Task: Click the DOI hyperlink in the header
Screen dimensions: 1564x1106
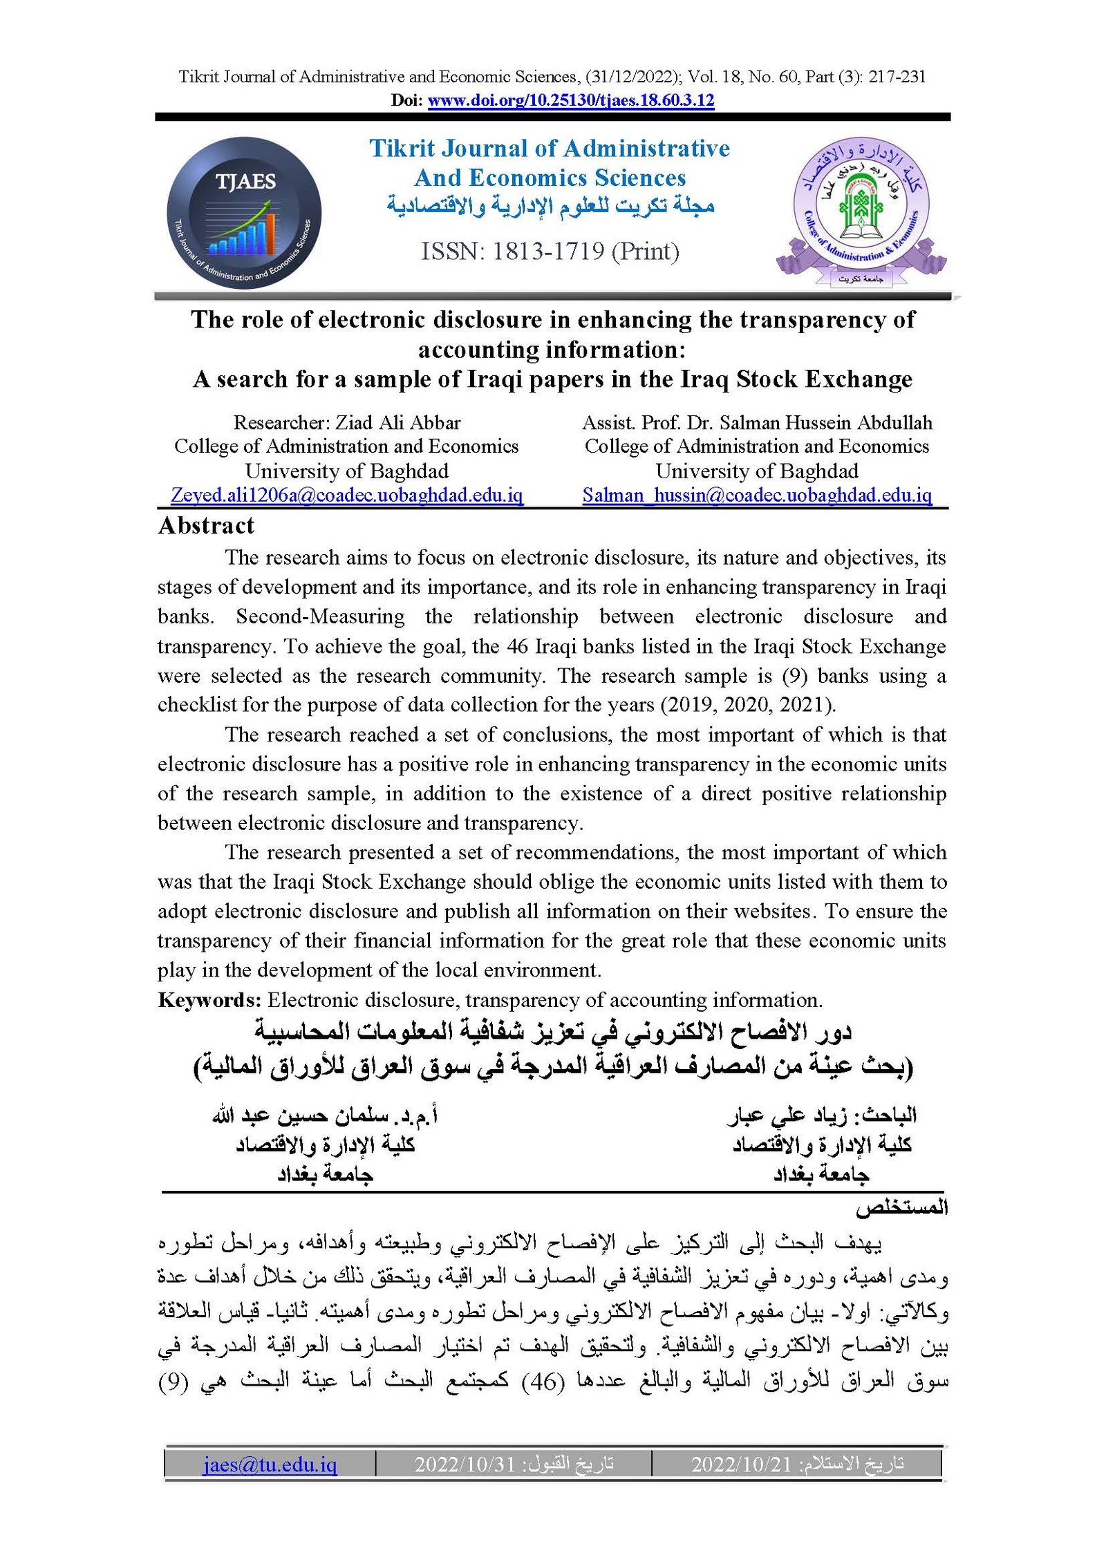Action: (x=570, y=100)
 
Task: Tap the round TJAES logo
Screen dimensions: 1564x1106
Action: (x=244, y=213)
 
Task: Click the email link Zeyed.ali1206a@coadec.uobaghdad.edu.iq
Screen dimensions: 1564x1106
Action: (x=346, y=495)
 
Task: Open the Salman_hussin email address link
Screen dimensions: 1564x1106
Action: (x=757, y=495)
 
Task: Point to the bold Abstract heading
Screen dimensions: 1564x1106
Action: (x=206, y=526)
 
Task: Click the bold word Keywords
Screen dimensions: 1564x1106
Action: (x=209, y=1000)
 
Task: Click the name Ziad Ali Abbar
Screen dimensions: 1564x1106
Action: (x=398, y=422)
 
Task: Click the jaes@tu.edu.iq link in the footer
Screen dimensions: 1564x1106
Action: (x=270, y=1464)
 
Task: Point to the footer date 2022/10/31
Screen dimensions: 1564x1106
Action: (x=465, y=1464)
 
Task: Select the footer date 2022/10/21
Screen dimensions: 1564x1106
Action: (x=741, y=1464)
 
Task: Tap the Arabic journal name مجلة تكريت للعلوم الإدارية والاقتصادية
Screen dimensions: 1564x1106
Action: (x=550, y=206)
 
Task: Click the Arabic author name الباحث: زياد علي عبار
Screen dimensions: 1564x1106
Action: (x=822, y=1115)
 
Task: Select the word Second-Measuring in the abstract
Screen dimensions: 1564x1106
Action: (x=320, y=616)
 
